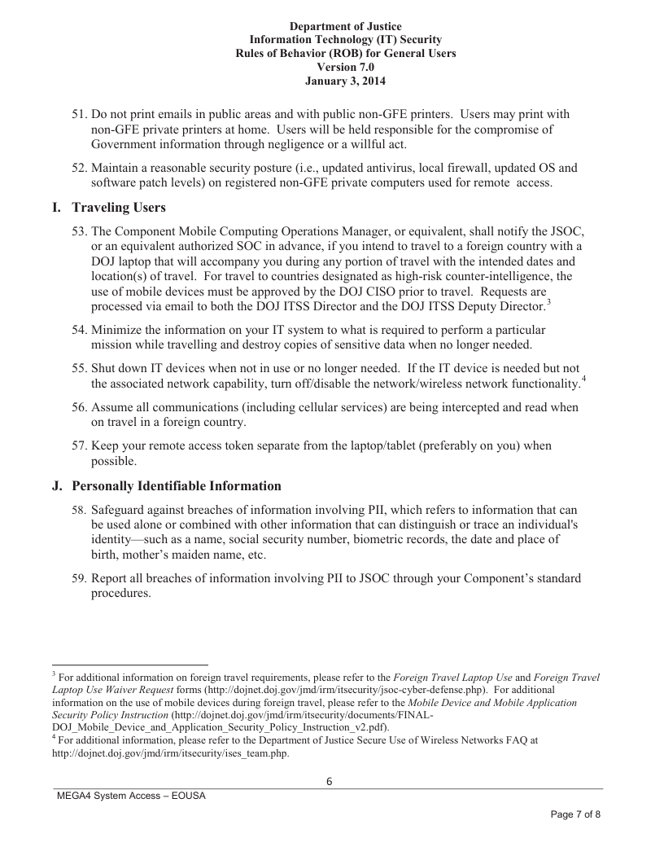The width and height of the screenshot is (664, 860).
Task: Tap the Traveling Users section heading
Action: click(119, 208)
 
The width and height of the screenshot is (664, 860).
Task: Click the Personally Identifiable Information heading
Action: click(177, 486)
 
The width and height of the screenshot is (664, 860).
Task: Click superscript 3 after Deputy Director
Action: click(548, 303)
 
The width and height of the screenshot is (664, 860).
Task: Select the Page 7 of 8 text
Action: click(575, 815)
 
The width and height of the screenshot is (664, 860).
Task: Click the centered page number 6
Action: click(330, 782)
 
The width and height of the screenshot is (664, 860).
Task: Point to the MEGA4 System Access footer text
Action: click(131, 796)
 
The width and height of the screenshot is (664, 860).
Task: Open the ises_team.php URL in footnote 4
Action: click(171, 753)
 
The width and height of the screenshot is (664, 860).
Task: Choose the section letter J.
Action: click(56, 486)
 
